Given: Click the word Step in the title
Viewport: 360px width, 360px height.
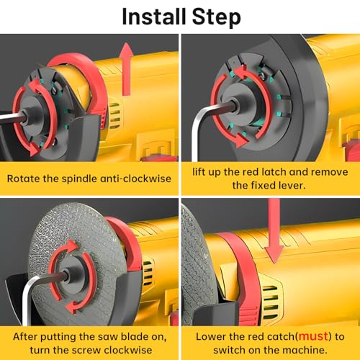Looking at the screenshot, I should [215, 17].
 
